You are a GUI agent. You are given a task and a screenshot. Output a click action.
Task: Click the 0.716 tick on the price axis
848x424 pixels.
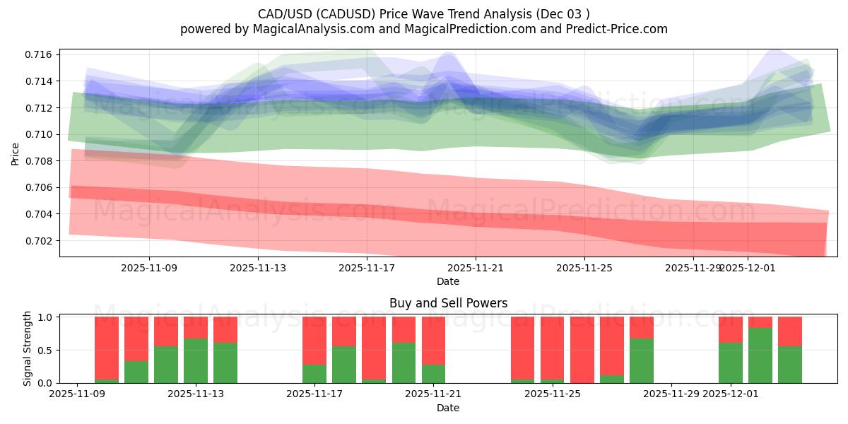(38, 54)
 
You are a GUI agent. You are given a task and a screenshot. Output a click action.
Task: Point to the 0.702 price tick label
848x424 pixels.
(38, 240)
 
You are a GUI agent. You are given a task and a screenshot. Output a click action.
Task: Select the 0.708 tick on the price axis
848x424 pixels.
(38, 161)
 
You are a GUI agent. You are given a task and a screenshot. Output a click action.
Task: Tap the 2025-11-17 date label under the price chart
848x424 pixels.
(367, 268)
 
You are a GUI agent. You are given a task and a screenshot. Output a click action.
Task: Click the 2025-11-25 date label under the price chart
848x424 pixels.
(584, 268)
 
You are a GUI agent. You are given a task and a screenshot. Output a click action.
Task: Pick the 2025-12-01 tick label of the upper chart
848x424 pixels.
(748, 268)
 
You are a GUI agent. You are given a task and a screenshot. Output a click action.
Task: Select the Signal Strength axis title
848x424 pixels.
(28, 348)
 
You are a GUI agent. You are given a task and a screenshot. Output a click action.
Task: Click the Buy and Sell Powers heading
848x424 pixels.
(448, 303)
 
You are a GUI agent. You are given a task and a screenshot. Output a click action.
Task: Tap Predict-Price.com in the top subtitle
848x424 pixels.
(618, 29)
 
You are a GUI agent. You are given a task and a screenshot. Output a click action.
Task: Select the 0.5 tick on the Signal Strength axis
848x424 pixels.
(46, 350)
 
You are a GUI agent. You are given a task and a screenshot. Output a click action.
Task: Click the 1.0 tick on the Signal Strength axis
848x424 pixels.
(46, 317)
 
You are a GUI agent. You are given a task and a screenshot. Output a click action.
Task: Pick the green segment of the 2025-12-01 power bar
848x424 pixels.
(731, 363)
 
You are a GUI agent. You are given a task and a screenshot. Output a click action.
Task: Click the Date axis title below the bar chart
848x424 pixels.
(448, 408)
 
